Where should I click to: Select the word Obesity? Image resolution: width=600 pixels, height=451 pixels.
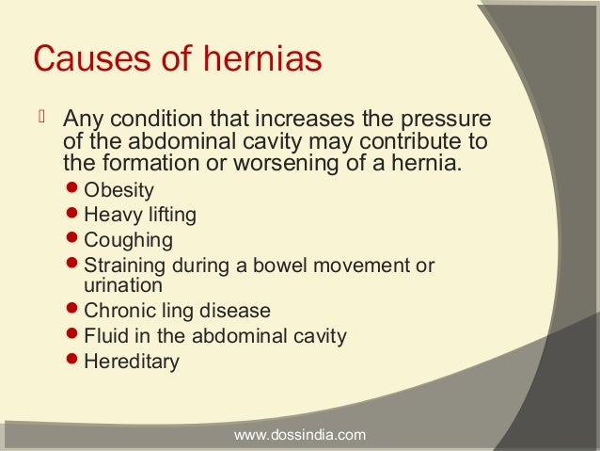[118, 191]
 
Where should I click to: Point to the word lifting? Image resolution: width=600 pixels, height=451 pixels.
[170, 215]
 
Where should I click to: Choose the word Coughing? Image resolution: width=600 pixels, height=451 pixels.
[128, 240]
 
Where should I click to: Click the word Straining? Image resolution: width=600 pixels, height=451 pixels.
[125, 266]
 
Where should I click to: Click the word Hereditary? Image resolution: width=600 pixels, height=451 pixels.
[131, 361]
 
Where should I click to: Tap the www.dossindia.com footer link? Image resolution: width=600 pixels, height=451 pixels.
[299, 435]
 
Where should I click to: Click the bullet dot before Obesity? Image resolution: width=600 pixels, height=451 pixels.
[74, 190]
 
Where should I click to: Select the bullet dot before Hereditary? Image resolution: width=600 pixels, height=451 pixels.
[74, 360]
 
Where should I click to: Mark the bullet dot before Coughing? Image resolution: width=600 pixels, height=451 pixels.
[74, 239]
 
